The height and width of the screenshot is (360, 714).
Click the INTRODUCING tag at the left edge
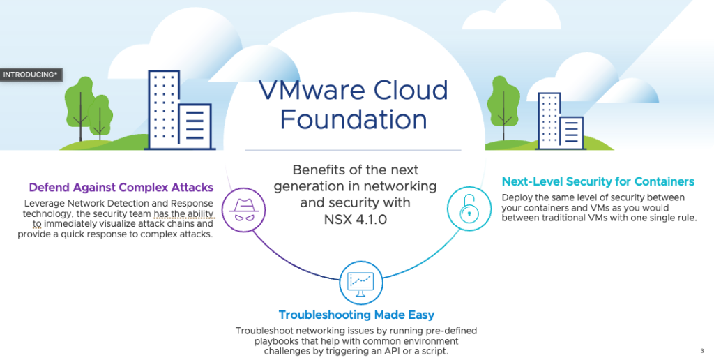[29, 74]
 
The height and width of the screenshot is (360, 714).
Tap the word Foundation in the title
[353, 119]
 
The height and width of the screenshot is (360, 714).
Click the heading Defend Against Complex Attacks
[121, 188]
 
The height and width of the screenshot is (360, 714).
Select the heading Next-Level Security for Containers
[598, 182]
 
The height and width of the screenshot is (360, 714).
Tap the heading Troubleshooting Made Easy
[356, 315]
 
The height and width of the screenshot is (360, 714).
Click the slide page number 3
[701, 350]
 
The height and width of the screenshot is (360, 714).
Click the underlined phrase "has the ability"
[184, 213]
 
